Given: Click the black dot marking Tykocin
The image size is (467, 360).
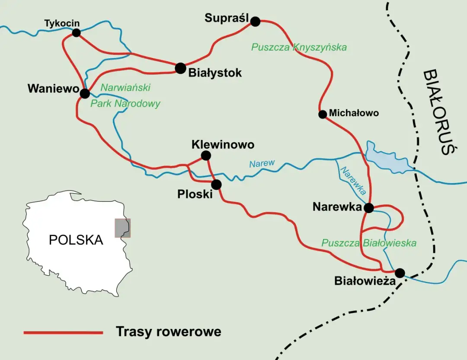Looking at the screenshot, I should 77,32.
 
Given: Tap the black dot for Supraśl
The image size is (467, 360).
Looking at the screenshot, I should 256,21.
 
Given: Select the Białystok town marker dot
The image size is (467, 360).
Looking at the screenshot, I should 180,68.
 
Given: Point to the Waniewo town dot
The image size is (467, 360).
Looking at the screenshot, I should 85,93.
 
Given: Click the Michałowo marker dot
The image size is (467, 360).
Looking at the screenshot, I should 322,114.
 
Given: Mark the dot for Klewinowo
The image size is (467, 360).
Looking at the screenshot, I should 206,155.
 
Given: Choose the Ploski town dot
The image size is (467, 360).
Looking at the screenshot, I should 216,185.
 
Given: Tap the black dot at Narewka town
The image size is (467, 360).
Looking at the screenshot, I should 368,208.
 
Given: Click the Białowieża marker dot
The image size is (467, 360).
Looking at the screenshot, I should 400,273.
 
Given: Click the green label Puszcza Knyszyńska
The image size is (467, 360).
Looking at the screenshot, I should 299,47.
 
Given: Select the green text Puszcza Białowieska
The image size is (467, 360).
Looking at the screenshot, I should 368,243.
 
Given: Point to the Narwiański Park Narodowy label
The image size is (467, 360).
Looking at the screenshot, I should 125,96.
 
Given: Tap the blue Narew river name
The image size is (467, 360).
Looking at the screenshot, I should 262,163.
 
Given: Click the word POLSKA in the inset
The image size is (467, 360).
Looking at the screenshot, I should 76,240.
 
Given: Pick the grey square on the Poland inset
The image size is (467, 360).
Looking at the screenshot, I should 122,228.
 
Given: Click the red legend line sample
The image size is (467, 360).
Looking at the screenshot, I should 63,332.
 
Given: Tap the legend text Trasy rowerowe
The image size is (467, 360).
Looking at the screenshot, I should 168,331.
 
